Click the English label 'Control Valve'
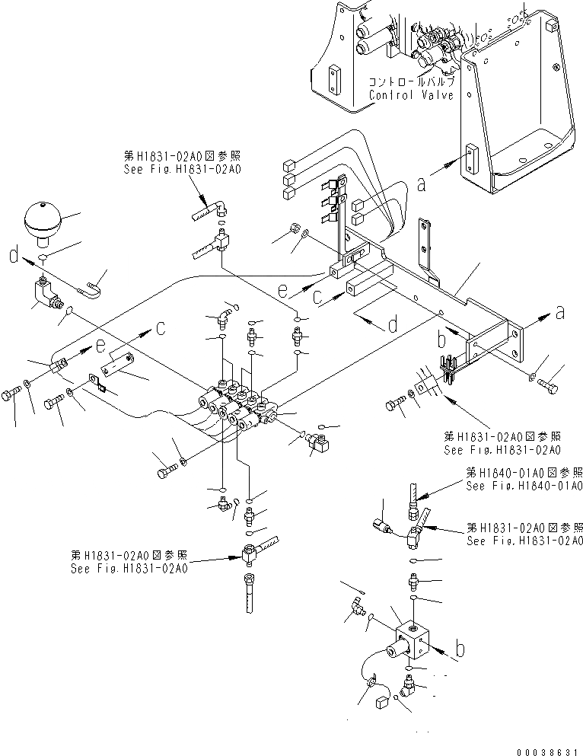(x=411, y=96)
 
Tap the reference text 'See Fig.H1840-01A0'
(x=524, y=485)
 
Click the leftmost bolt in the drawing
(x=11, y=396)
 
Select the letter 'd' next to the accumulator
(x=13, y=257)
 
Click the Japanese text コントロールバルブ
(x=411, y=81)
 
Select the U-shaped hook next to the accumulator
(x=90, y=289)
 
